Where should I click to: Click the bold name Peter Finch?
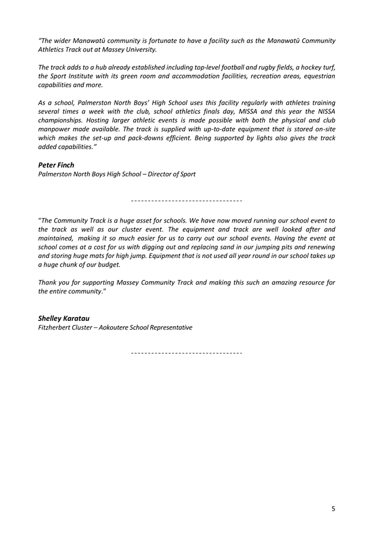click(56, 165)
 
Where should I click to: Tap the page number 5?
click(333, 509)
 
